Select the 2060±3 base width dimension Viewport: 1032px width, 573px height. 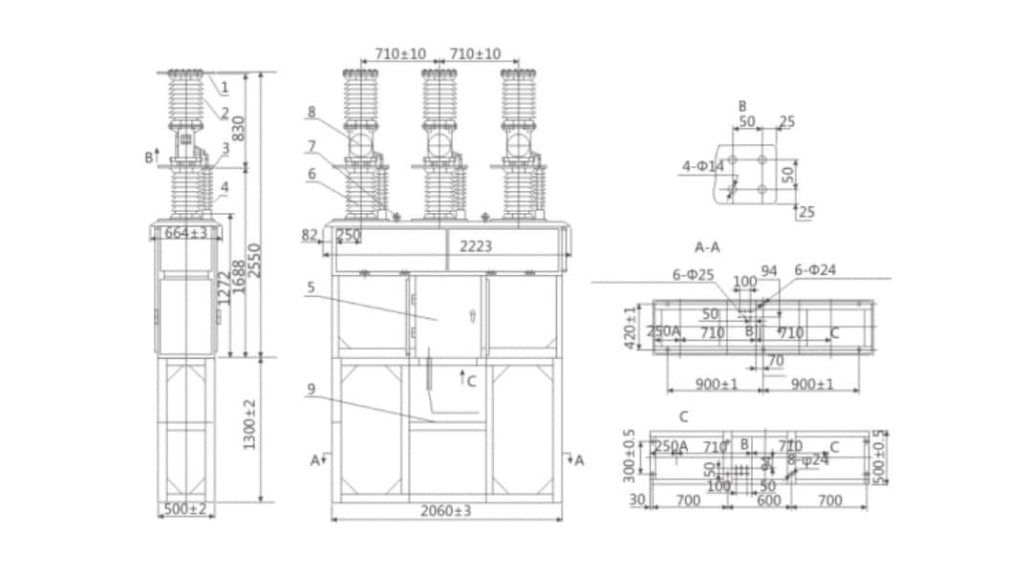(x=446, y=511)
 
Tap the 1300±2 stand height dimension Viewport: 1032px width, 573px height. (x=250, y=425)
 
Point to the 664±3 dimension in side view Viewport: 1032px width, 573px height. (x=186, y=233)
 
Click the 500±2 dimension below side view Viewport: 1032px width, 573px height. (x=186, y=510)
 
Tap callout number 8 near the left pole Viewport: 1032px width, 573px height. (x=311, y=112)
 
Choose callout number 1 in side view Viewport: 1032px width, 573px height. (x=225, y=88)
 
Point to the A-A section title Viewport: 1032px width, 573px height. (x=707, y=247)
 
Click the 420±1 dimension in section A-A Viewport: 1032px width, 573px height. (x=631, y=327)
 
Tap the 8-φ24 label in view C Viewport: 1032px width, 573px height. (x=807, y=460)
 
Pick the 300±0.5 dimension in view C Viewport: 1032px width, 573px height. (x=630, y=454)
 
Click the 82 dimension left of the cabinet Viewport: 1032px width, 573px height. (x=309, y=235)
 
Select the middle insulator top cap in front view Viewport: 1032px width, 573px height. (x=439, y=74)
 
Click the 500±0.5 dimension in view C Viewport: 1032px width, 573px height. (x=879, y=456)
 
